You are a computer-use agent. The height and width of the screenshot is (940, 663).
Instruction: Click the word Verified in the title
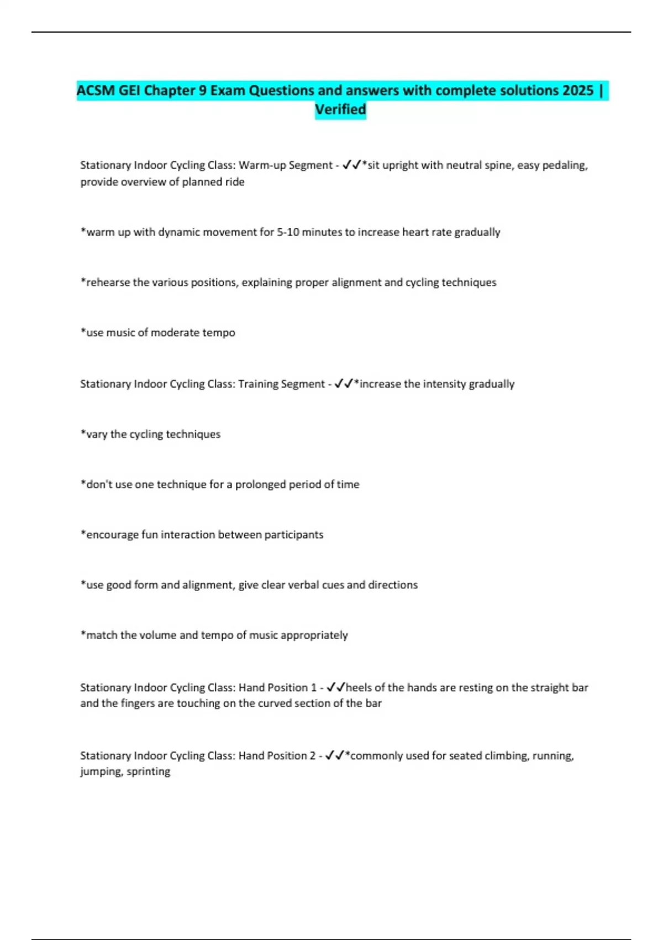point(340,109)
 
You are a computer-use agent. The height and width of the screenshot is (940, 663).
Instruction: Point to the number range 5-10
point(288,232)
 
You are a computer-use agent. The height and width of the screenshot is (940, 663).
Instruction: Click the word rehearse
point(108,283)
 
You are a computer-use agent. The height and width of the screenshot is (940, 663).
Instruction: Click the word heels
point(359,687)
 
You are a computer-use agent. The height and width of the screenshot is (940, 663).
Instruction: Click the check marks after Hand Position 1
point(335,687)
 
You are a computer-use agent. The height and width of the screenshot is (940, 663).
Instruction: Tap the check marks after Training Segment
point(344,384)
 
